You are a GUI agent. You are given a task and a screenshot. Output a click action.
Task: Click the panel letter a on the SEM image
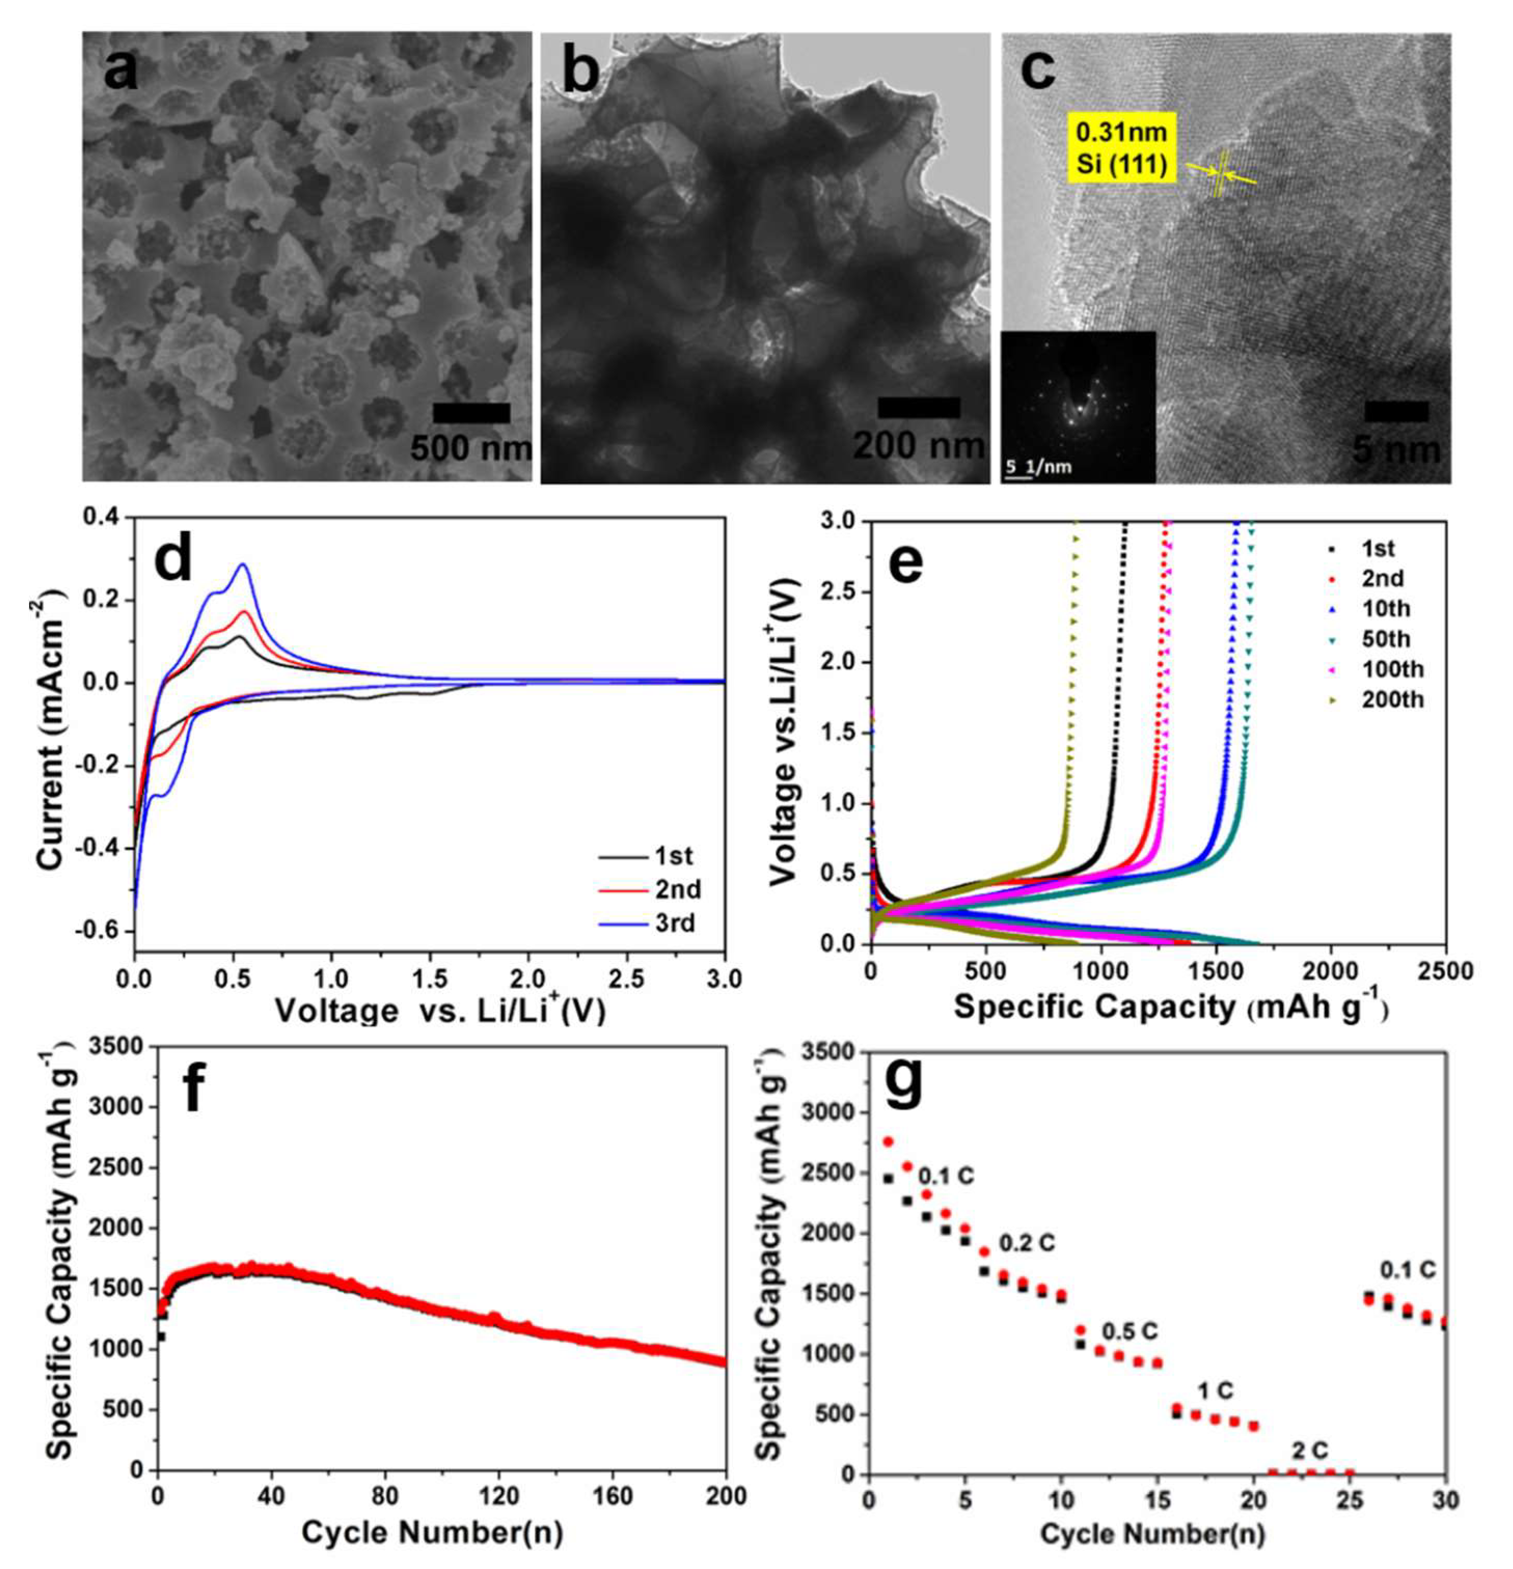pos(122,74)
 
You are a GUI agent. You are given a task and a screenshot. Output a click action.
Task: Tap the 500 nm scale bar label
pos(471,448)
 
